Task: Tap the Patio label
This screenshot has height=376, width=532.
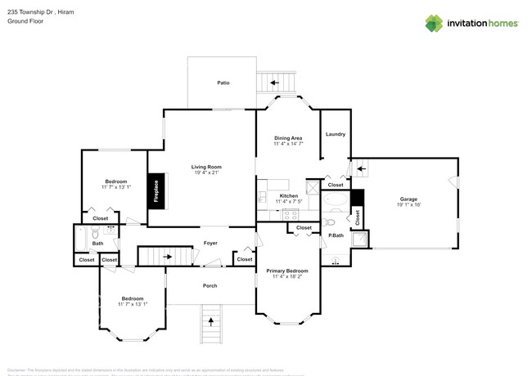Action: pyautogui.click(x=223, y=83)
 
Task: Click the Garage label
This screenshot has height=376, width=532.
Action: pyautogui.click(x=408, y=199)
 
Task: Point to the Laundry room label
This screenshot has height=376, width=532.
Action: pyautogui.click(x=335, y=134)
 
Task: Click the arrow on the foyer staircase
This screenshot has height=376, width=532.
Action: pyautogui.click(x=167, y=256)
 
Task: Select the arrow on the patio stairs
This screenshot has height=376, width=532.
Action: pyautogui.click(x=275, y=83)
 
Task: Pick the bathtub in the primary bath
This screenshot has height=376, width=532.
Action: pyautogui.click(x=336, y=200)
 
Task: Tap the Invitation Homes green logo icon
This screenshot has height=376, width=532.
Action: pyautogui.click(x=434, y=23)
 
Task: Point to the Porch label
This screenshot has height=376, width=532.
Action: pyautogui.click(x=210, y=285)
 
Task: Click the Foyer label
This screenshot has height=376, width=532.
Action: pyautogui.click(x=210, y=244)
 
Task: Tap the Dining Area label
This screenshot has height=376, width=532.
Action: pyautogui.click(x=288, y=138)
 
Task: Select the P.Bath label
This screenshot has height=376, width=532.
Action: pyautogui.click(x=335, y=235)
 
